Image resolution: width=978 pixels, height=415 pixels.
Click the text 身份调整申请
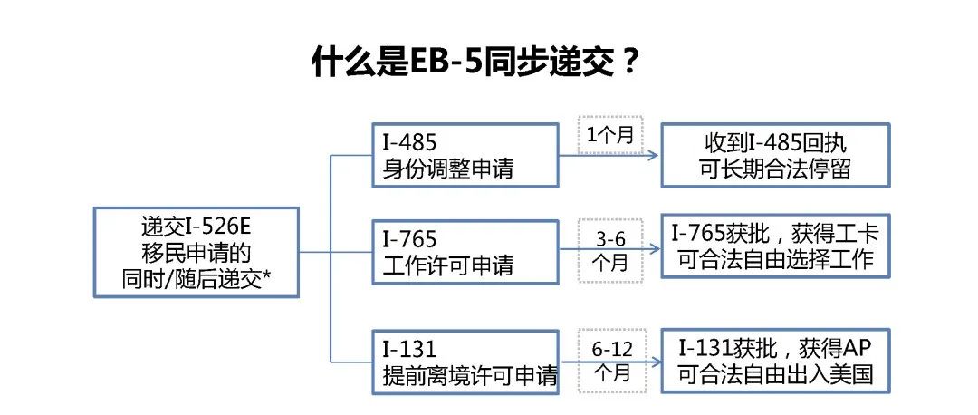(448, 169)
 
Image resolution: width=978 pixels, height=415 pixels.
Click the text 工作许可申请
(448, 266)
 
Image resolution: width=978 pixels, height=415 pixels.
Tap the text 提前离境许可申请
(470, 376)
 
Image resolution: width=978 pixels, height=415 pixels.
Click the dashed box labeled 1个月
(610, 135)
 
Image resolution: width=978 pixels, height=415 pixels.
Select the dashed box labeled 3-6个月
(610, 250)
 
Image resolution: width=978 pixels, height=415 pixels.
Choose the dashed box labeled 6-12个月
(610, 361)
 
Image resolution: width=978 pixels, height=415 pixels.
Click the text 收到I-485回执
(775, 143)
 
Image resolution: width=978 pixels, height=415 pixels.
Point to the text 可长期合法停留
(775, 169)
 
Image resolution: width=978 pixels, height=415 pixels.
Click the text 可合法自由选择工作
(775, 260)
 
